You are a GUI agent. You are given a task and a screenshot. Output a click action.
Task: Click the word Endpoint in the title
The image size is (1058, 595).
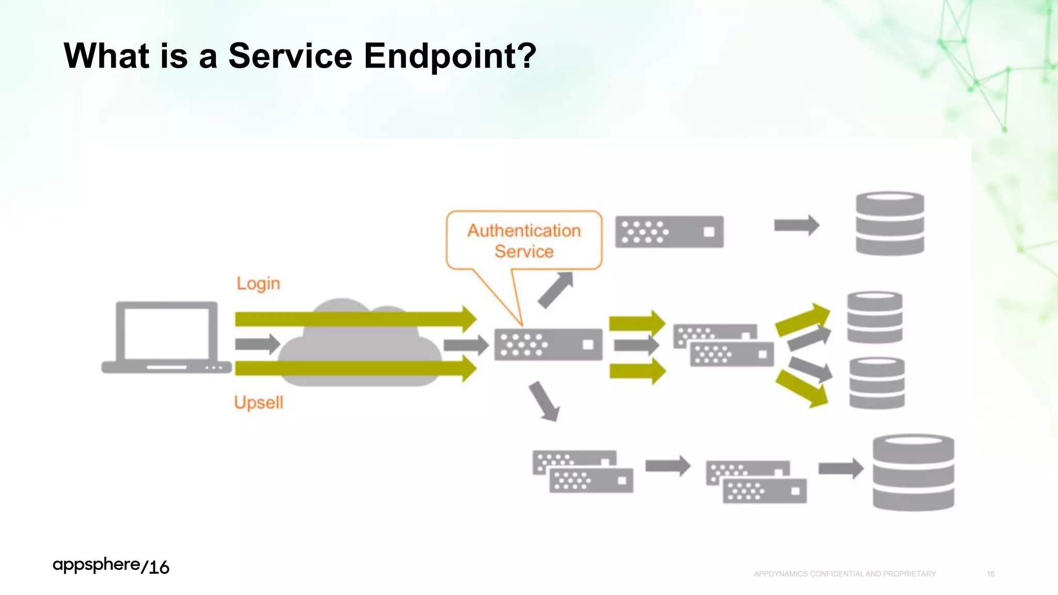click(449, 56)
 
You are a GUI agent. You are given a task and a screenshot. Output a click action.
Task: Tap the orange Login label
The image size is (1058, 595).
click(258, 284)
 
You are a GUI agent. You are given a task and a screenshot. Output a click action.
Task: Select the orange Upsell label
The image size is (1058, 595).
click(258, 402)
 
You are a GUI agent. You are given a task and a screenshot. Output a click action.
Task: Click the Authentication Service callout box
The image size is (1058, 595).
click(524, 240)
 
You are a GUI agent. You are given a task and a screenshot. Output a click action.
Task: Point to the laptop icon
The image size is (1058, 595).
click(166, 337)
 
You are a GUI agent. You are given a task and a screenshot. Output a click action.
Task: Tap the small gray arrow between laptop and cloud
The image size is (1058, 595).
click(257, 344)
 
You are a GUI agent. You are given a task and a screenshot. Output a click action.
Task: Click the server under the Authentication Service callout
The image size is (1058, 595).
click(548, 345)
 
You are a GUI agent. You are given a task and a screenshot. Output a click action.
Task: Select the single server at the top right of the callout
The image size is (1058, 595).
click(669, 232)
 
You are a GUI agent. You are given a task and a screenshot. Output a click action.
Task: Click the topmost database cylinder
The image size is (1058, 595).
click(890, 224)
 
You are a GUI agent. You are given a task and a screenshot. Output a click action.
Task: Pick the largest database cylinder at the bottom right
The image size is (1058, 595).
click(913, 473)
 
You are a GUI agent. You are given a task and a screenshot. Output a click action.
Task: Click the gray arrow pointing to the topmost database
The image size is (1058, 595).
click(796, 225)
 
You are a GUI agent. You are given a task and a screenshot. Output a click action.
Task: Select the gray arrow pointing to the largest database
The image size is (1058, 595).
click(841, 468)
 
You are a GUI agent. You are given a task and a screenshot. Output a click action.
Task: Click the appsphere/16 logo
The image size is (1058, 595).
click(111, 566)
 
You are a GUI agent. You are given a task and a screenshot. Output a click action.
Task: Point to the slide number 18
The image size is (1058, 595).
click(990, 574)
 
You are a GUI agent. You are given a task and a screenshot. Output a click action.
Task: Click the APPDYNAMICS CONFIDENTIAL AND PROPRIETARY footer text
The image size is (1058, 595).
click(845, 574)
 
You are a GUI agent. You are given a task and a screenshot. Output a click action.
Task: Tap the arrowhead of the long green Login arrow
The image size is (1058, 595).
click(469, 319)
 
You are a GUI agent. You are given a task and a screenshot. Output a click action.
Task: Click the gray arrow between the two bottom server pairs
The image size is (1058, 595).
click(667, 466)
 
